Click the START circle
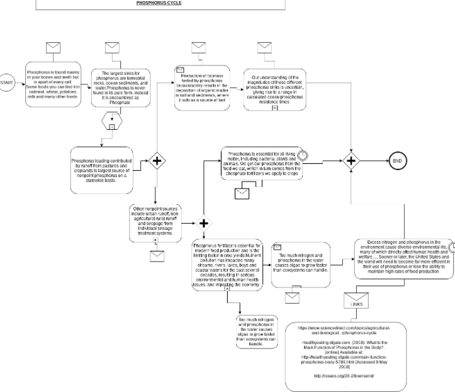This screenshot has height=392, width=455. pyautogui.click(x=8, y=83)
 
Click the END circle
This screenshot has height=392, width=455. pyautogui.click(x=397, y=161)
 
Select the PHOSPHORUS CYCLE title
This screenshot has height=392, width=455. pyautogui.click(x=159, y=3)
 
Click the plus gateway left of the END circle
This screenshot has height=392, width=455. pyautogui.click(x=351, y=161)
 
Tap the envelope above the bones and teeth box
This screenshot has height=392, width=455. pyautogui.click(x=54, y=48)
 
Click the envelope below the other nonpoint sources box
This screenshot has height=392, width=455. pyautogui.click(x=157, y=255)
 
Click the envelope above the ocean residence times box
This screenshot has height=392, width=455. pyautogui.click(x=264, y=48)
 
